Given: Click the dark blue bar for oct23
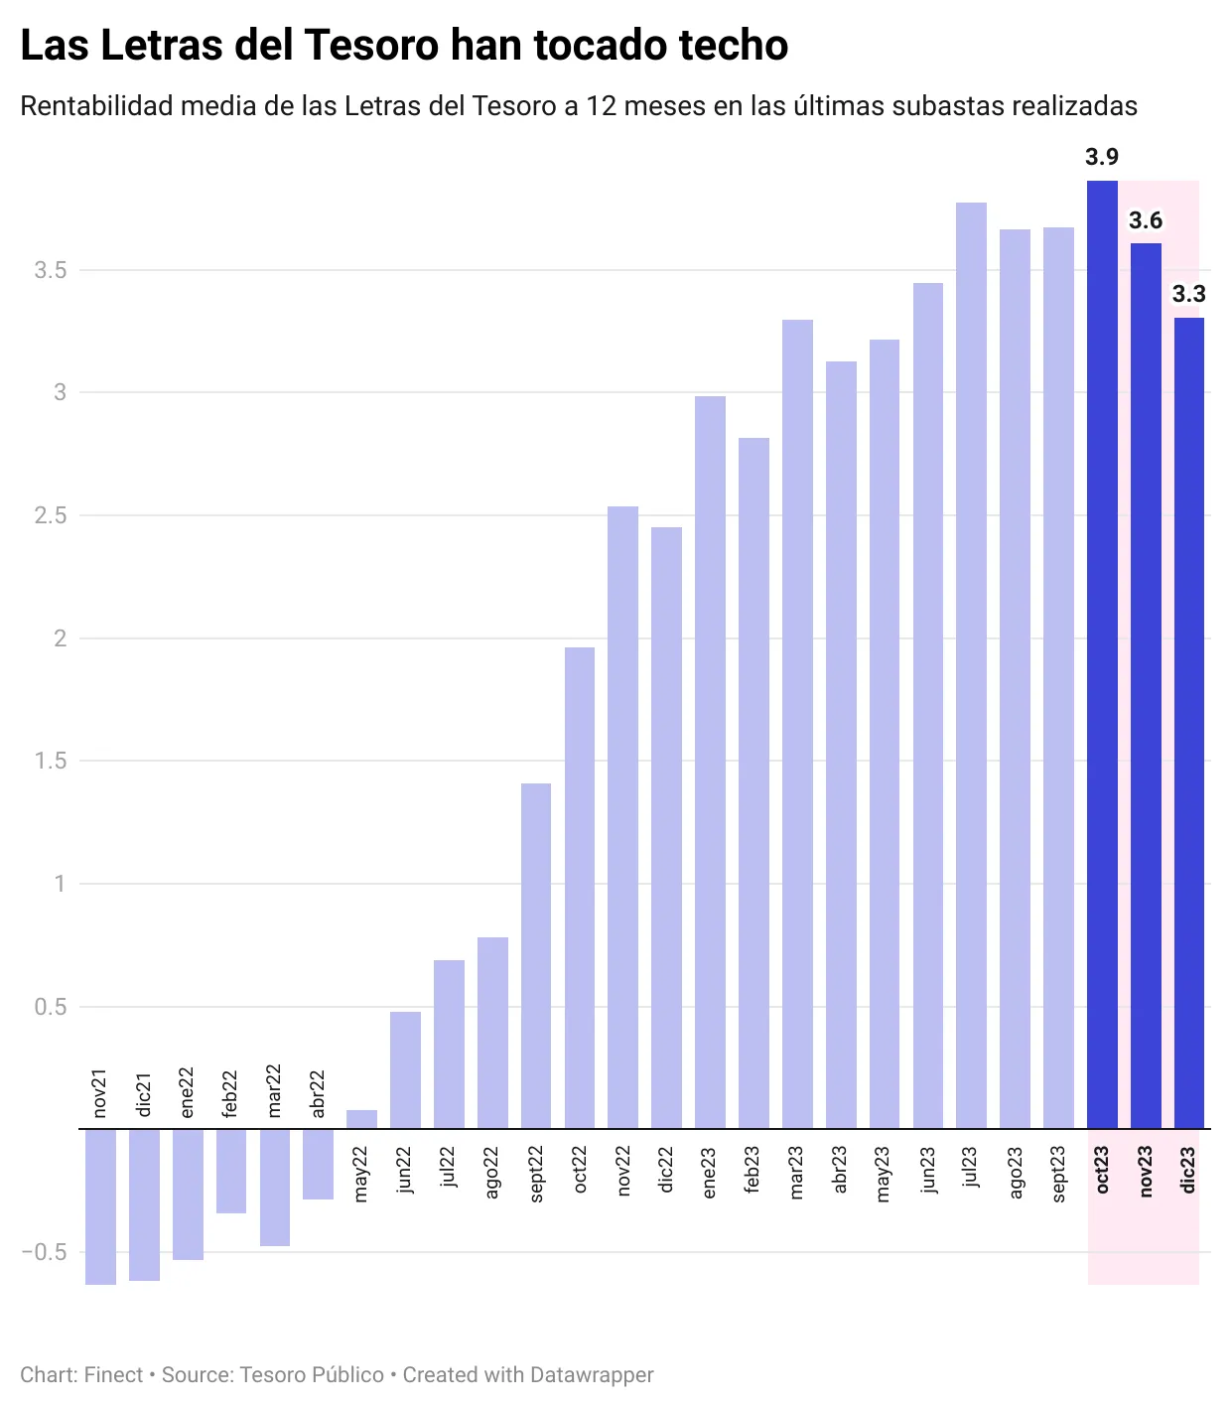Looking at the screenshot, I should [x=1102, y=655].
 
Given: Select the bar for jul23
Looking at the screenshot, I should [x=971, y=665].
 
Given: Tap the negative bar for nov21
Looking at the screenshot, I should [x=100, y=1206].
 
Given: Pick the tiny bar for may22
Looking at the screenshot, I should [x=361, y=1119].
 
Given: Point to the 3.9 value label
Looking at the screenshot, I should [x=1102, y=157].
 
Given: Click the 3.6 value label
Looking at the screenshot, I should [x=1146, y=220].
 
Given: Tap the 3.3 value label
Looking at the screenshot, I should [x=1188, y=294].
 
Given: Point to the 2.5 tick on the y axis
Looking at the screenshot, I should [x=51, y=515].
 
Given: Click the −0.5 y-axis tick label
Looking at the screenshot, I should [x=44, y=1252].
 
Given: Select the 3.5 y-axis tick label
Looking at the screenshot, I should [x=51, y=270].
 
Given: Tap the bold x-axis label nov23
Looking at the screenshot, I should [x=1146, y=1172].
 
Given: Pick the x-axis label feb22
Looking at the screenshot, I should [x=230, y=1093].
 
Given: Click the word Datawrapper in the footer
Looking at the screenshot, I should [x=592, y=1375].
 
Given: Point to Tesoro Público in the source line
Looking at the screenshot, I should [x=312, y=1375].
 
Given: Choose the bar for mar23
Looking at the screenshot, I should [x=797, y=724].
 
